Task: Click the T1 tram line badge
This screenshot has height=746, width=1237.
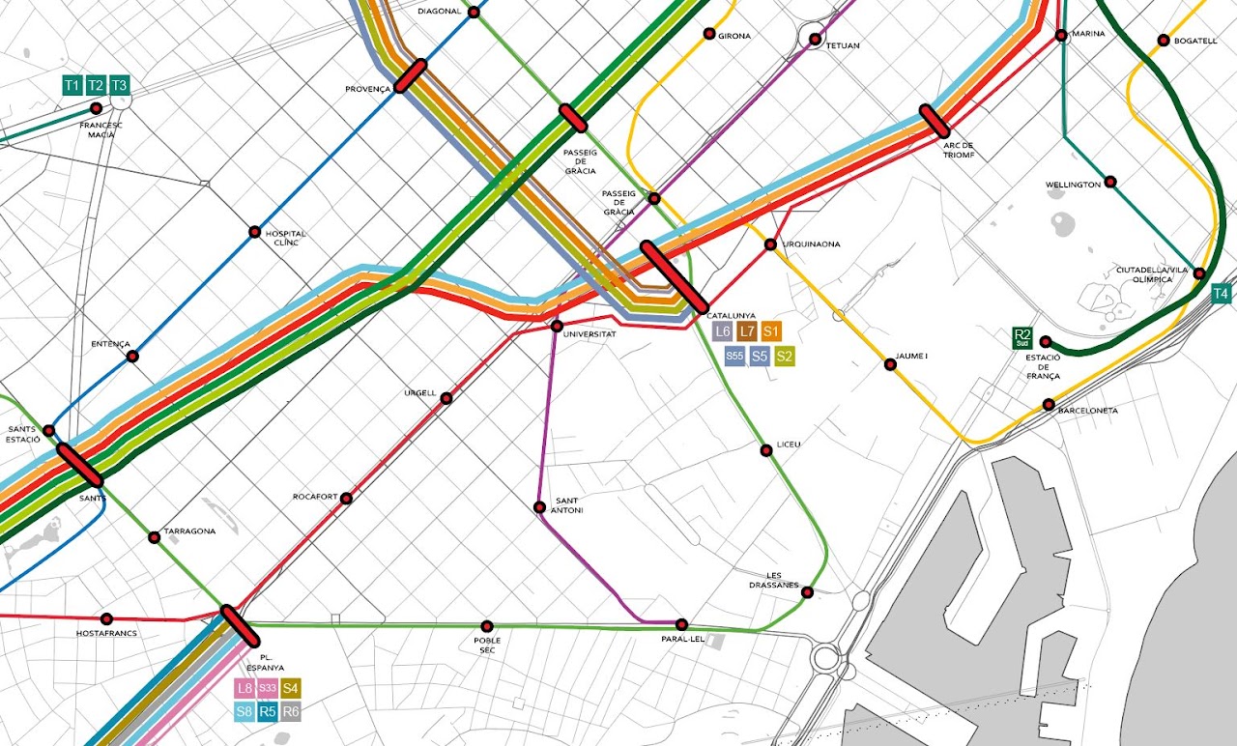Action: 72,86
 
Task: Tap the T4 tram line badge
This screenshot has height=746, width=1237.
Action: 1222,294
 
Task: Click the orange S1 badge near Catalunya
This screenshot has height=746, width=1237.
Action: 771,331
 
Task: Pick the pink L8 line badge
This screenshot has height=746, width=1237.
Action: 245,689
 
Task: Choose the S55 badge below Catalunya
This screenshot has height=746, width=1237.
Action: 734,357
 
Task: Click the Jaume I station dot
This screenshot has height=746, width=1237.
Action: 890,364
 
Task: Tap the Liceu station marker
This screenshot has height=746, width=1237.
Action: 766,449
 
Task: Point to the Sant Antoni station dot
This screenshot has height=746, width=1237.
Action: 539,507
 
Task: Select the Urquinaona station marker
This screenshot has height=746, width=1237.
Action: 770,244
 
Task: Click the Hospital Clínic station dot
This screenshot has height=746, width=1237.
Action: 254,232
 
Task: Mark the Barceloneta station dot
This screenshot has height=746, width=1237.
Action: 1050,404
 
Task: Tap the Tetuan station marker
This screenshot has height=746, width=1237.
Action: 816,39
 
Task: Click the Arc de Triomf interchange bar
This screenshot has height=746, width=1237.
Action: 935,121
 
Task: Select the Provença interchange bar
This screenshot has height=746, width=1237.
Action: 411,75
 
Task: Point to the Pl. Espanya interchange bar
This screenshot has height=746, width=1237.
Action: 239,626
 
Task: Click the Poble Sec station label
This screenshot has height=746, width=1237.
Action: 487,646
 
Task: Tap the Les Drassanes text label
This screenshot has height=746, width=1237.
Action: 774,580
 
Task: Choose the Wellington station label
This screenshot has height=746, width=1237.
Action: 1073,185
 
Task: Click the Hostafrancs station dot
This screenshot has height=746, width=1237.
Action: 106,618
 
